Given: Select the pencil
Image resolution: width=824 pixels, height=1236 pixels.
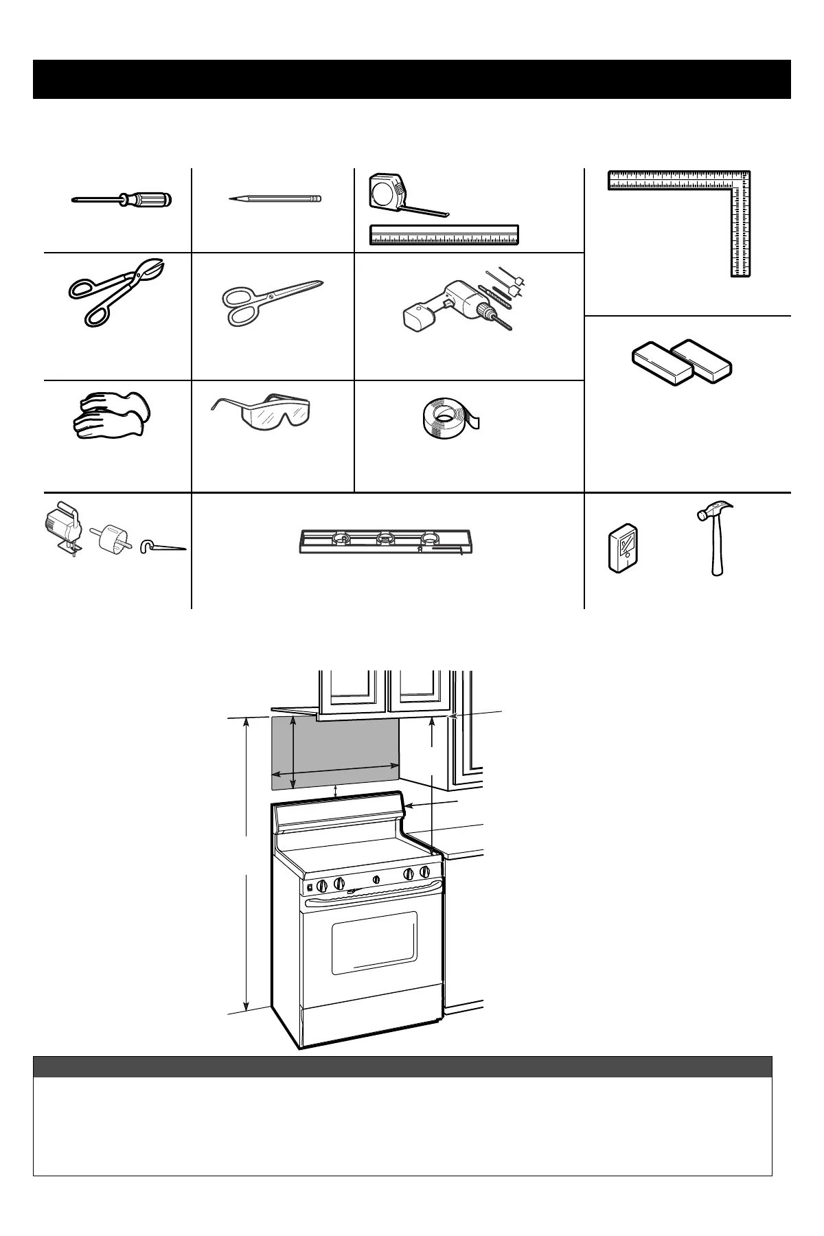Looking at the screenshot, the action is [x=275, y=198].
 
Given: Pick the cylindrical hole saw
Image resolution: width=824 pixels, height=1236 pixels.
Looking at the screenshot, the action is [x=113, y=540].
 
